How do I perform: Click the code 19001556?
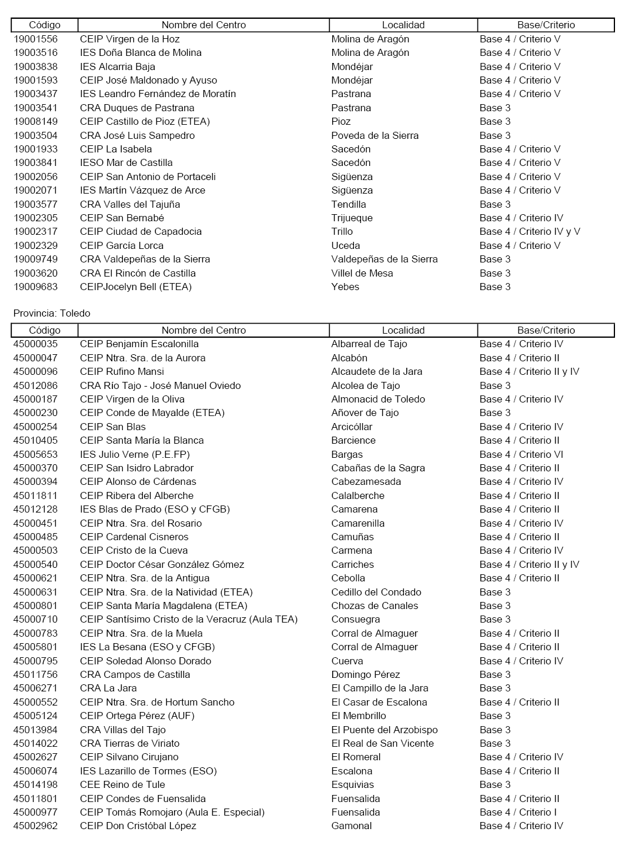[x=35, y=39]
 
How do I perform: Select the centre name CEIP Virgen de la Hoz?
[x=130, y=39]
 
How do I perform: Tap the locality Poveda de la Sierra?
[x=375, y=135]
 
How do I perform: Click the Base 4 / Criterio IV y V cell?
[x=530, y=231]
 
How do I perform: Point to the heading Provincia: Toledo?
[x=52, y=313]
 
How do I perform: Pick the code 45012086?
[x=35, y=385]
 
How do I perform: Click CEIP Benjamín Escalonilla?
[x=139, y=344]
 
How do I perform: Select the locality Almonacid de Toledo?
[x=378, y=399]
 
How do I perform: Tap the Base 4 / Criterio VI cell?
[x=521, y=454]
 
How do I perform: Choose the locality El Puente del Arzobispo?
[x=385, y=730]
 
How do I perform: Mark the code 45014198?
[x=35, y=784]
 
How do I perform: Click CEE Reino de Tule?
[x=122, y=784]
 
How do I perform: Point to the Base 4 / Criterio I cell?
[x=518, y=812]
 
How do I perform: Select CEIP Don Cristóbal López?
[x=138, y=826]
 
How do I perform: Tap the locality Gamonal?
[x=352, y=826]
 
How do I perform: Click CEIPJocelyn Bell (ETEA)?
[x=136, y=287]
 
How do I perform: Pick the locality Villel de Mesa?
[x=362, y=273]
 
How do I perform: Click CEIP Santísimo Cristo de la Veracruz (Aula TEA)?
[x=189, y=619]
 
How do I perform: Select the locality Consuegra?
[x=356, y=619]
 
